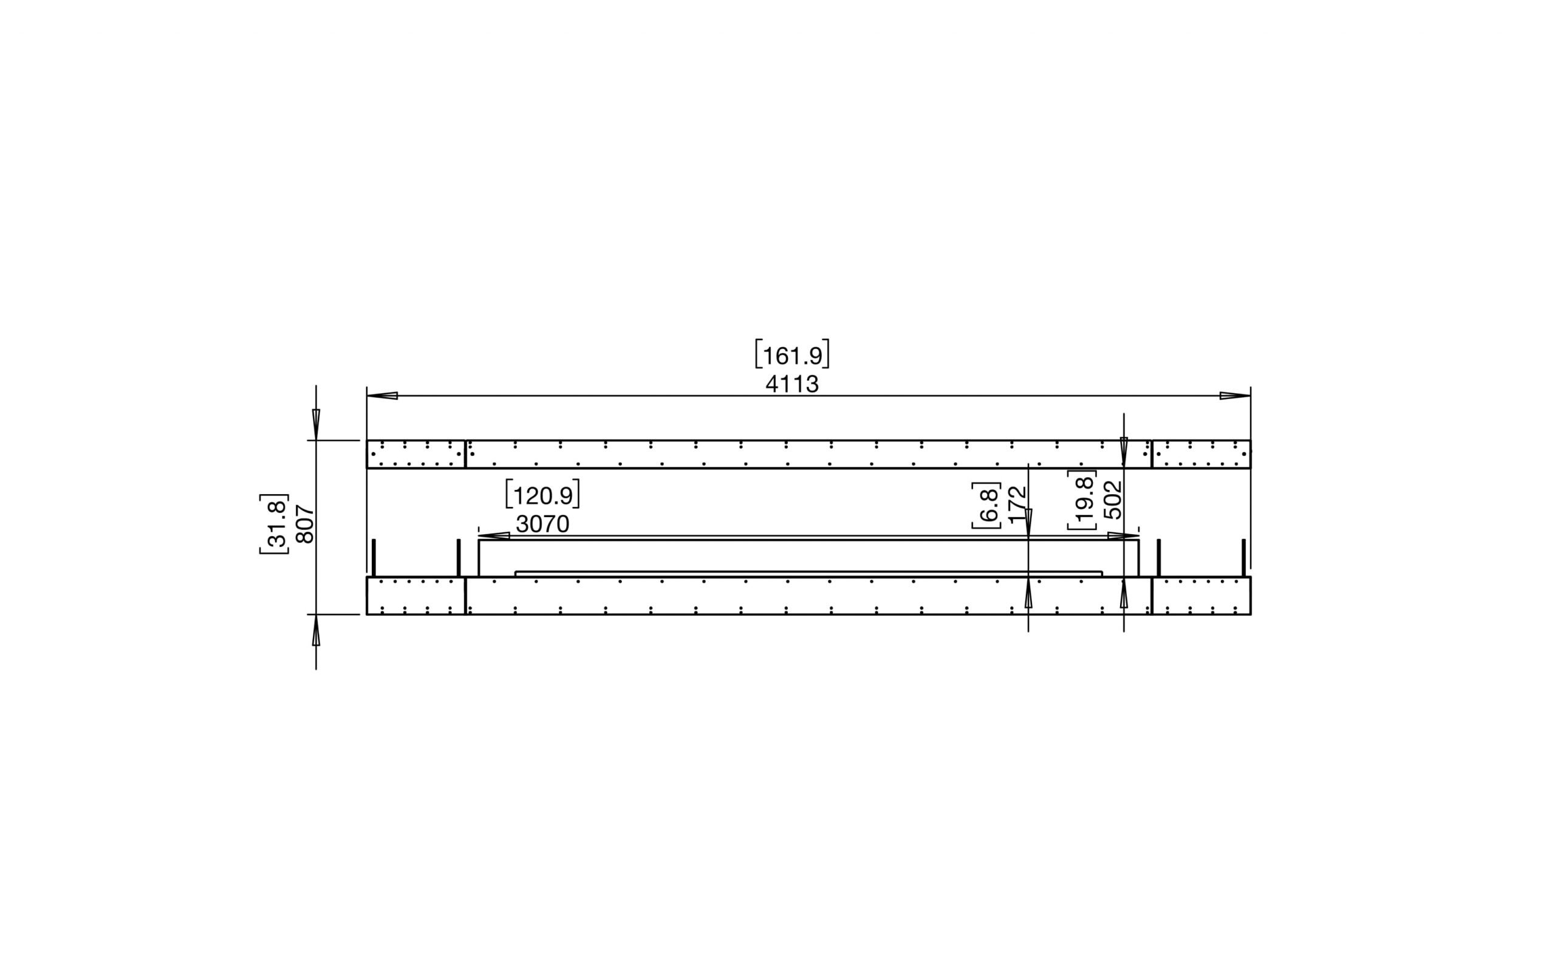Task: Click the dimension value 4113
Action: tap(791, 384)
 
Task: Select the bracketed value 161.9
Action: tap(792, 355)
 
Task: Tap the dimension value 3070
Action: tap(542, 525)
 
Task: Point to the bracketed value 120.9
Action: tap(542, 495)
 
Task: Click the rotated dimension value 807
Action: tap(306, 524)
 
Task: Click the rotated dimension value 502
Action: tap(1113, 500)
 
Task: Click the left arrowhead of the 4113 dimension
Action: tap(382, 395)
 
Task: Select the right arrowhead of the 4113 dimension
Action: tap(1234, 395)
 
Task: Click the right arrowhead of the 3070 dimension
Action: tap(1123, 536)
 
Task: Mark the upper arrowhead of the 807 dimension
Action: tap(316, 424)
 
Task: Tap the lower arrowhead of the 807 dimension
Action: tap(316, 631)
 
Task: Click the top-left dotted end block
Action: tap(416, 454)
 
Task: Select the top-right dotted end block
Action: tap(1201, 454)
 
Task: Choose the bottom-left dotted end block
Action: tap(416, 596)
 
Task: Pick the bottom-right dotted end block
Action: tap(1201, 596)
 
